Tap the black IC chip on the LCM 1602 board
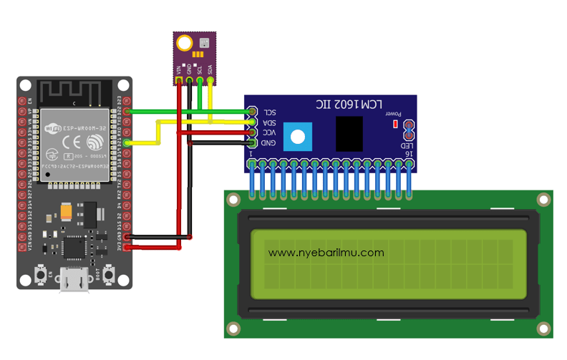(349, 133)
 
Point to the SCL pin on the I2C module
(252, 112)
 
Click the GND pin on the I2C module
(252, 143)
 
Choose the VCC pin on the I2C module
(252, 133)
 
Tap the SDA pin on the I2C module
(252, 122)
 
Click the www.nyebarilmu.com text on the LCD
(326, 253)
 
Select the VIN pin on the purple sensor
(178, 81)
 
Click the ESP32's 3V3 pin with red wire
(127, 248)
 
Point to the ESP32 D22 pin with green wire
(127, 112)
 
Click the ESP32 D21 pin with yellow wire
(127, 143)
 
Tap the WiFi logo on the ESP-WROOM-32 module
(53, 130)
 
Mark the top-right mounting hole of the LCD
(544, 200)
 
